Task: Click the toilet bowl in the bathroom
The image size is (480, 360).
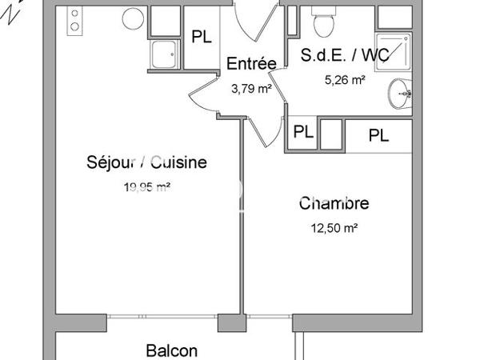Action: pyautogui.click(x=324, y=26)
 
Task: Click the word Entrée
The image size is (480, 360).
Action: pyautogui.click(x=251, y=64)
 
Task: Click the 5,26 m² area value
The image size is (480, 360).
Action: pyautogui.click(x=346, y=79)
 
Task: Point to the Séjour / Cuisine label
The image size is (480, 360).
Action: pyautogui.click(x=146, y=162)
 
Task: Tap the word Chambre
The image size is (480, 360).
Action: pyautogui.click(x=334, y=204)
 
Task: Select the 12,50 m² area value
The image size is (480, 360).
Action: pyautogui.click(x=334, y=228)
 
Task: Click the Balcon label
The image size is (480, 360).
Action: pyautogui.click(x=171, y=350)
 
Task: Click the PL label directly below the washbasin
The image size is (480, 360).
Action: pyautogui.click(x=379, y=135)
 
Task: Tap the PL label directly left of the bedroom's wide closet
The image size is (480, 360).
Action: pyautogui.click(x=302, y=132)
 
